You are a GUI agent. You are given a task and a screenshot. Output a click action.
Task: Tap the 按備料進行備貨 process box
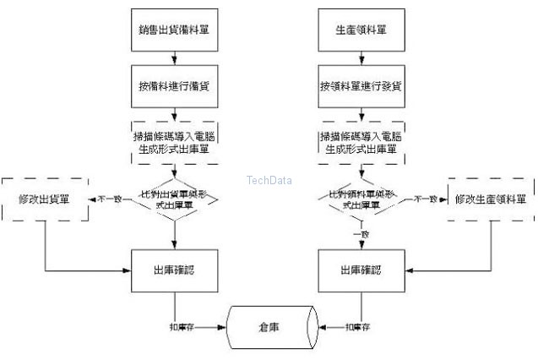pos(173,86)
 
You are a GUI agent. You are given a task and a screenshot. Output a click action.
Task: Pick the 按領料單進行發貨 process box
pos(361,86)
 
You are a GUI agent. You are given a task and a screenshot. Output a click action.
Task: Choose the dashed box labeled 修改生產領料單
pos(490,199)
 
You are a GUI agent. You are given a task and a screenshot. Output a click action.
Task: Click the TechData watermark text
pos(269,179)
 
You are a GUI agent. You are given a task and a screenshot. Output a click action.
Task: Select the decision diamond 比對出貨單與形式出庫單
pos(173,199)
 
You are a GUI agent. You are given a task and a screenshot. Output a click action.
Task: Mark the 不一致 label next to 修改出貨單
pos(109,199)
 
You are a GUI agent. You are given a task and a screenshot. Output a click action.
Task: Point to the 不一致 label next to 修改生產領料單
pos(424,199)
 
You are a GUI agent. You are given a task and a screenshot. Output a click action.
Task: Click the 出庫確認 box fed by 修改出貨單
pos(173,270)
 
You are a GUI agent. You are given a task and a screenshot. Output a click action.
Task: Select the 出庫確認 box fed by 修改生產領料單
pos(361,270)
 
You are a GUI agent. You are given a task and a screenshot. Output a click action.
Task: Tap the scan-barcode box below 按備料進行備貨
pos(173,142)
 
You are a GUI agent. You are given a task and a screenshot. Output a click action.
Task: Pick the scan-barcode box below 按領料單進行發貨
pos(361,142)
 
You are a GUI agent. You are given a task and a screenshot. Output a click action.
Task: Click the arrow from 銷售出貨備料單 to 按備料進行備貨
pos(173,59)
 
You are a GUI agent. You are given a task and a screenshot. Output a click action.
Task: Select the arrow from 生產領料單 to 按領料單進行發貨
pos(361,59)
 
